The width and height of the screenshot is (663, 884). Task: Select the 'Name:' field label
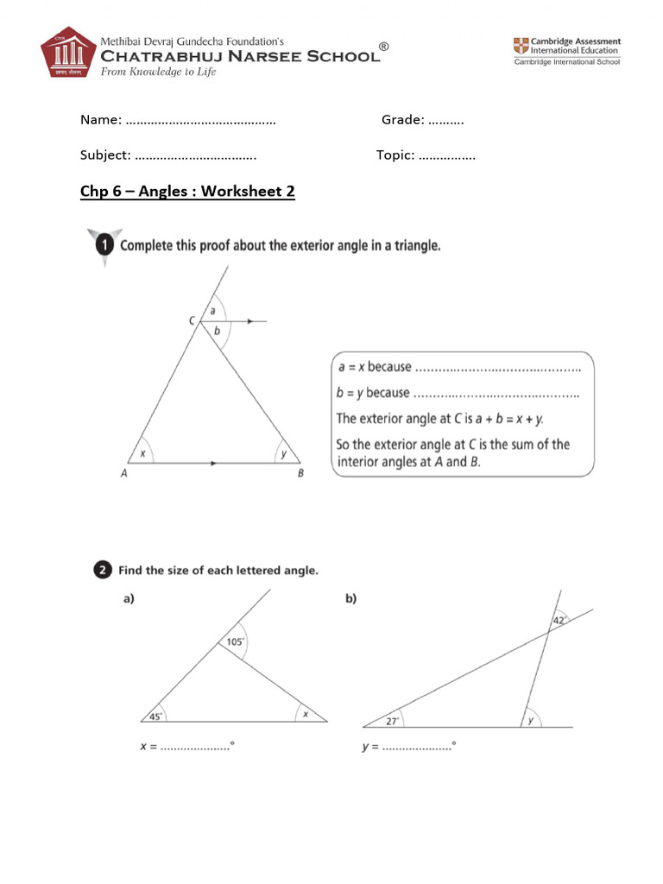[100, 120]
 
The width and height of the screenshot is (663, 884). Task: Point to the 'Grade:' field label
[402, 120]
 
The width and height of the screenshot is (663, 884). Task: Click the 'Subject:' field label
[105, 155]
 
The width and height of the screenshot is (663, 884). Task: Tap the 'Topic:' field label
[395, 155]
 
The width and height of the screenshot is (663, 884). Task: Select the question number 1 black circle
[103, 246]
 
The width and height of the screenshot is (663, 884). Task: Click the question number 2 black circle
[102, 570]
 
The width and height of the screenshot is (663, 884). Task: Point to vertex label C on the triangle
[193, 321]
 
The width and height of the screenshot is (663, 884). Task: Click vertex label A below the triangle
[123, 472]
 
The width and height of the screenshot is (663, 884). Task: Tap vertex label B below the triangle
[300, 472]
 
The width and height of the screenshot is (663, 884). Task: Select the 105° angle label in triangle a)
[235, 641]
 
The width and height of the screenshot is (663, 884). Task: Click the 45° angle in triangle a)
[155, 715]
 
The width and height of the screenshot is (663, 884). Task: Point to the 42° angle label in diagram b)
[559, 620]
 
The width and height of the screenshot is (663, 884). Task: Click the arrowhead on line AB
[213, 464]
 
